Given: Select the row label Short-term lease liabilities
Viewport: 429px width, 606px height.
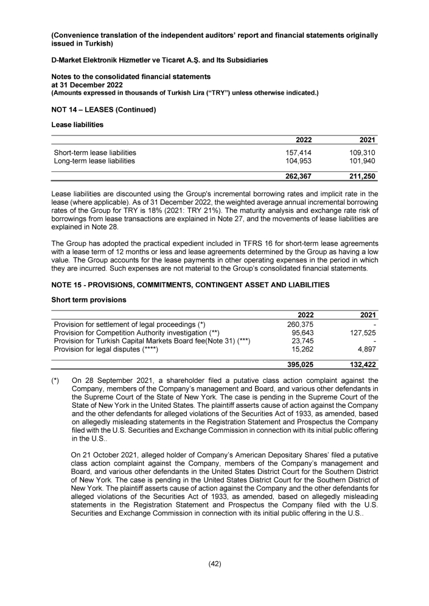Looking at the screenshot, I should [95, 152].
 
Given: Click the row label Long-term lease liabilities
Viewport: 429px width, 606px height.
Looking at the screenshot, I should [94, 161].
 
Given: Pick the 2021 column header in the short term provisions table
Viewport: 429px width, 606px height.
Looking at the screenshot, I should [368, 314].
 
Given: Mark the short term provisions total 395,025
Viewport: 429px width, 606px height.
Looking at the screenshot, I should [299, 364].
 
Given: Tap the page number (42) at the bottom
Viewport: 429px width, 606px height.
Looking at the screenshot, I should [214, 563].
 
